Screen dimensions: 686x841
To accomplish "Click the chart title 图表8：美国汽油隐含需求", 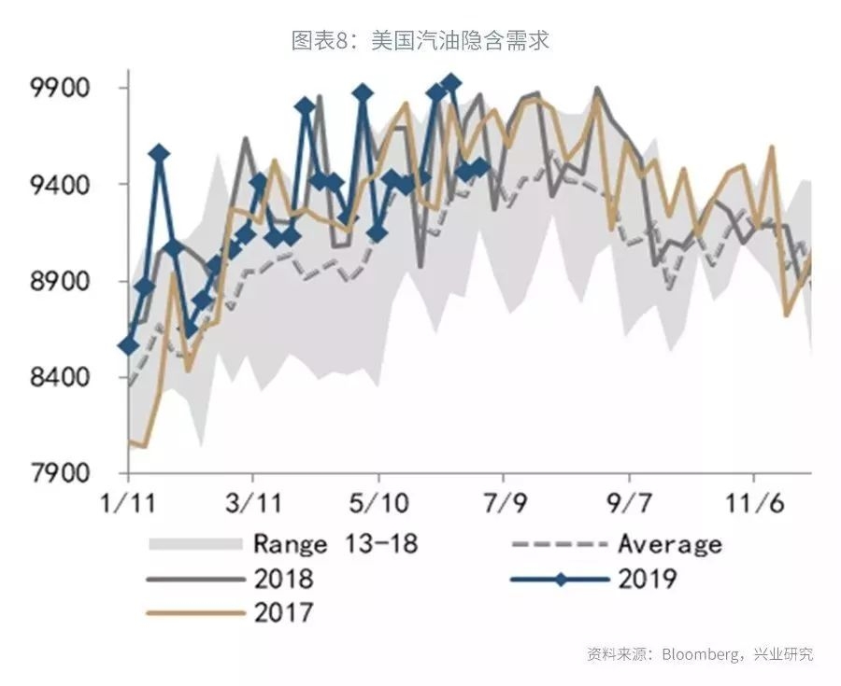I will tap(420, 40).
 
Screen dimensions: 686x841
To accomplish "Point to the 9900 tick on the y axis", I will tap(61, 89).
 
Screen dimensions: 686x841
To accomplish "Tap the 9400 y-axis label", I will tap(61, 185).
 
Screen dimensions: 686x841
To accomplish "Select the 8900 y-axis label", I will tap(61, 282).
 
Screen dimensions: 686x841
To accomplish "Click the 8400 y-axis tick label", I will tap(61, 378).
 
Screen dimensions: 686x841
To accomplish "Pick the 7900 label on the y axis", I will tap(61, 473).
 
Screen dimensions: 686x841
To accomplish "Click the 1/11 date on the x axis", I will tap(128, 504).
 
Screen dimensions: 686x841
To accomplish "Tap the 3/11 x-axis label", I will tap(253, 504).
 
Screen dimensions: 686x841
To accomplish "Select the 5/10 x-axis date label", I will tap(378, 504).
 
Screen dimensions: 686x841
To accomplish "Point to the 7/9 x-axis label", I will tap(503, 504).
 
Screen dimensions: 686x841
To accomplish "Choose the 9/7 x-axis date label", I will tap(629, 504).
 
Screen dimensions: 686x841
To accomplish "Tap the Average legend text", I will tap(669, 543).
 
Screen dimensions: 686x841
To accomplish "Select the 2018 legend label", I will tap(284, 579).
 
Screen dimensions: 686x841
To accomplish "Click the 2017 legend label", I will tap(284, 613).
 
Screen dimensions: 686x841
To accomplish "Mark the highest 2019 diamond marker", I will tap(451, 84).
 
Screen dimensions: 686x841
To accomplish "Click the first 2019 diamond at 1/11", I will tap(128, 345).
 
